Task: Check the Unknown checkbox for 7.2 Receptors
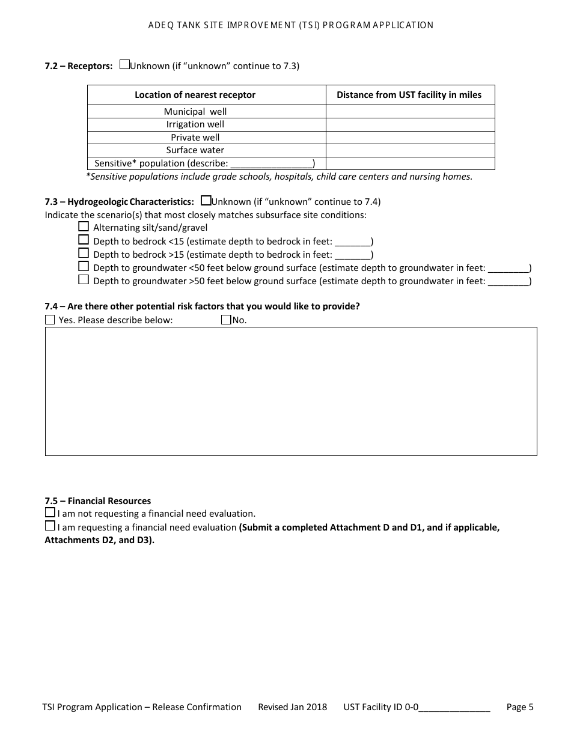coord(124,65)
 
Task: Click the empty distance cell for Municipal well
coord(410,112)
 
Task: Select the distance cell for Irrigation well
coord(410,124)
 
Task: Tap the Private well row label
coord(195,138)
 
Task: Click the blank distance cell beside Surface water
coord(410,150)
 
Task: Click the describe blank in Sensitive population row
coord(272,163)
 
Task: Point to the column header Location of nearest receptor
coord(195,95)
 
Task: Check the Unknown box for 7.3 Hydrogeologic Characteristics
coord(206,201)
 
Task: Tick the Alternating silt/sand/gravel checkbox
coord(84,227)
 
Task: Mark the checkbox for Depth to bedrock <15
coord(84,240)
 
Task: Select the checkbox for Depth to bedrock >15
coord(84,254)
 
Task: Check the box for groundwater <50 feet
coord(84,267)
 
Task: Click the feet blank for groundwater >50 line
coord(508,281)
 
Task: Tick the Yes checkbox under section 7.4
coord(50,320)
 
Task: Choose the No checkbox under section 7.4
coord(226,320)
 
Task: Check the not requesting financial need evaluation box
coord(50,513)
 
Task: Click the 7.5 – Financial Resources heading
coord(98,501)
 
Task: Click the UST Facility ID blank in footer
coord(454,707)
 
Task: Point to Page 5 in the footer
coord(520,707)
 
